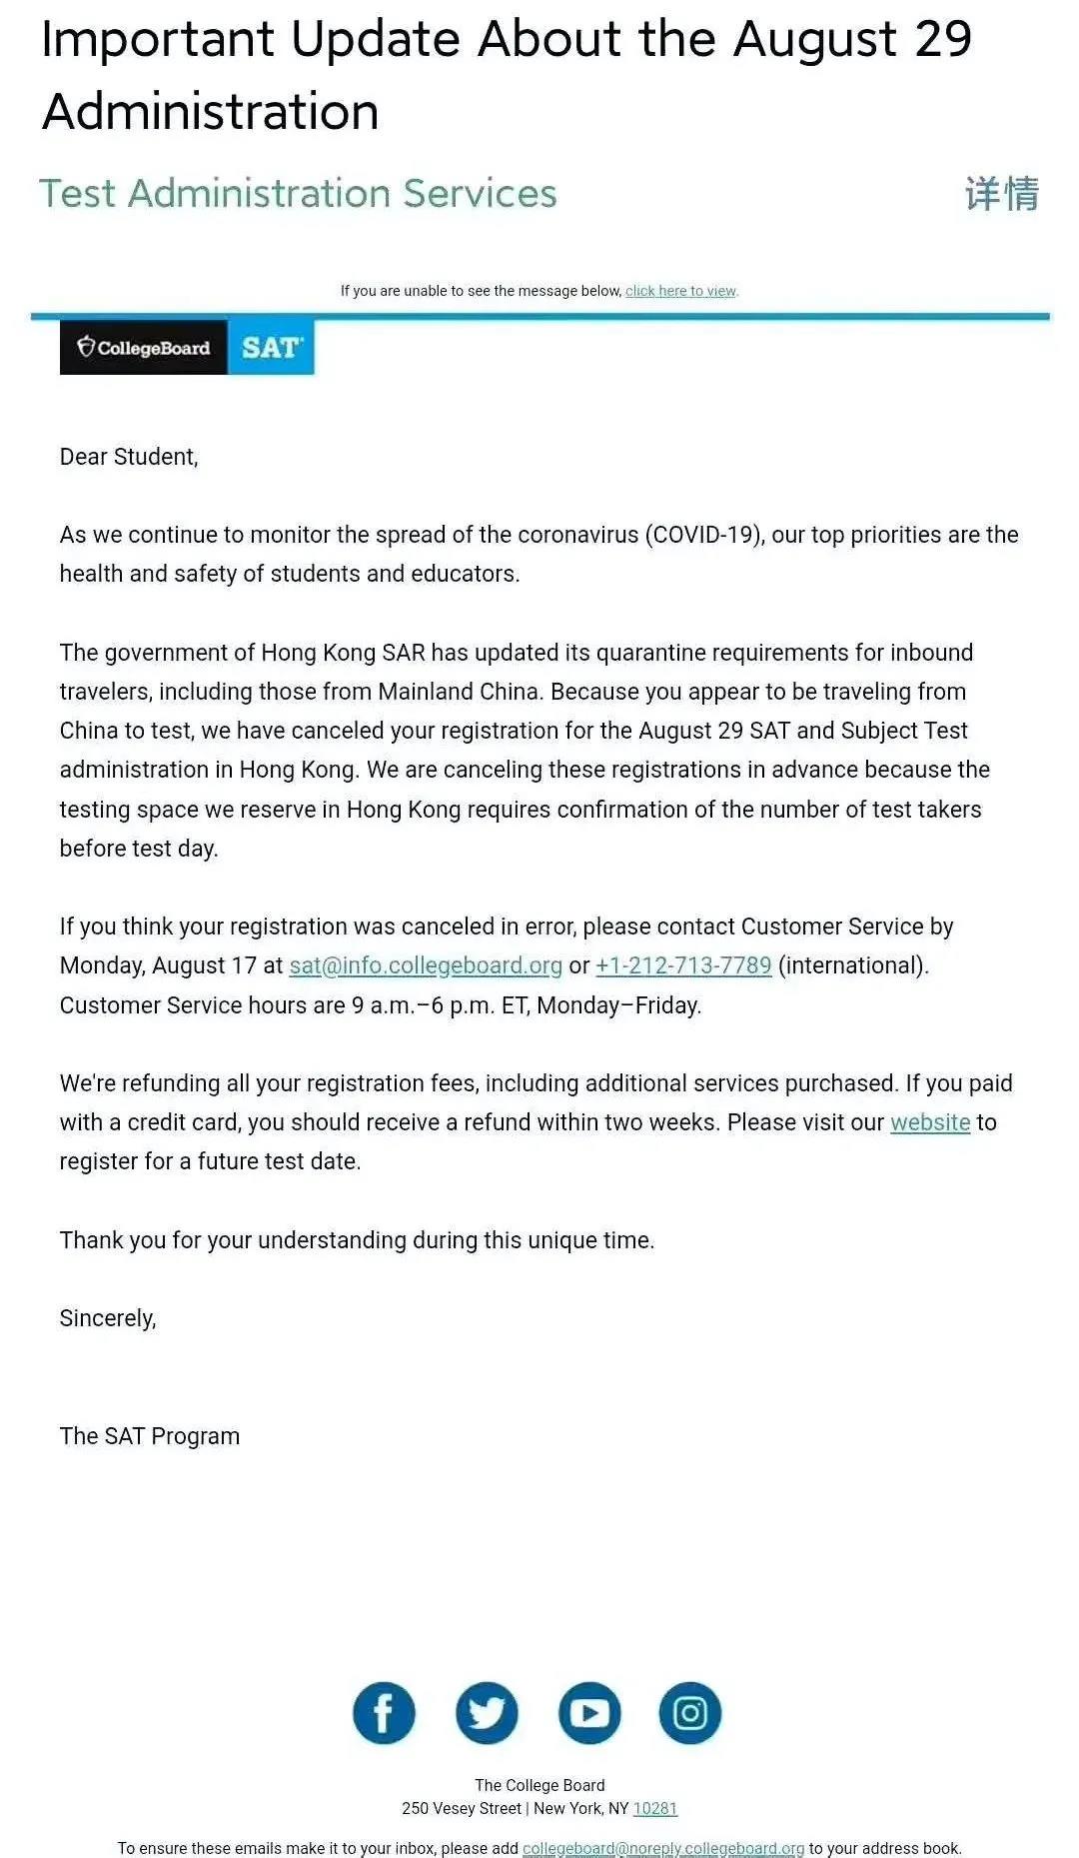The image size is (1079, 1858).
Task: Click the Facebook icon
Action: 384,1713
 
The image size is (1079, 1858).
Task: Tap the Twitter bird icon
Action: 487,1713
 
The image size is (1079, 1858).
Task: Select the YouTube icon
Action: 589,1713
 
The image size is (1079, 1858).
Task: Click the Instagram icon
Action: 690,1713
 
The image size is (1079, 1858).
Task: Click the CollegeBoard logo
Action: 144,348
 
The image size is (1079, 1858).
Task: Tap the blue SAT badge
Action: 271,348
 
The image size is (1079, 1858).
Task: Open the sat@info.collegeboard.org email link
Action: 426,965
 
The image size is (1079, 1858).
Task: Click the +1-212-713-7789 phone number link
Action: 683,965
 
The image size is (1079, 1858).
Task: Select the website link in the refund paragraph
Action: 930,1122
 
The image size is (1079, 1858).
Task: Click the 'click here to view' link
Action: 681,291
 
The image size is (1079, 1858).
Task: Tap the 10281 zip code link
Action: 655,1808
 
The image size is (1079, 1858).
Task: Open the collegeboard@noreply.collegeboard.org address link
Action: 663,1848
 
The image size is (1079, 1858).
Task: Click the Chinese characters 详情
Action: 1002,193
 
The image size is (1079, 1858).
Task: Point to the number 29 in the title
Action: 942,40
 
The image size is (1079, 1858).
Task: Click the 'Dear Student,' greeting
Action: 129,457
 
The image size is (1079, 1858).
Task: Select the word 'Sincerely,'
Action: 108,1318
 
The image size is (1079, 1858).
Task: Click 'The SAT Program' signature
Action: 150,1436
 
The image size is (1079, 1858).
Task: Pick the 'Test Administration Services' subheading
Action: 298,193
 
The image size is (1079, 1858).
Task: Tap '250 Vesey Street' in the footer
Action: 462,1808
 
